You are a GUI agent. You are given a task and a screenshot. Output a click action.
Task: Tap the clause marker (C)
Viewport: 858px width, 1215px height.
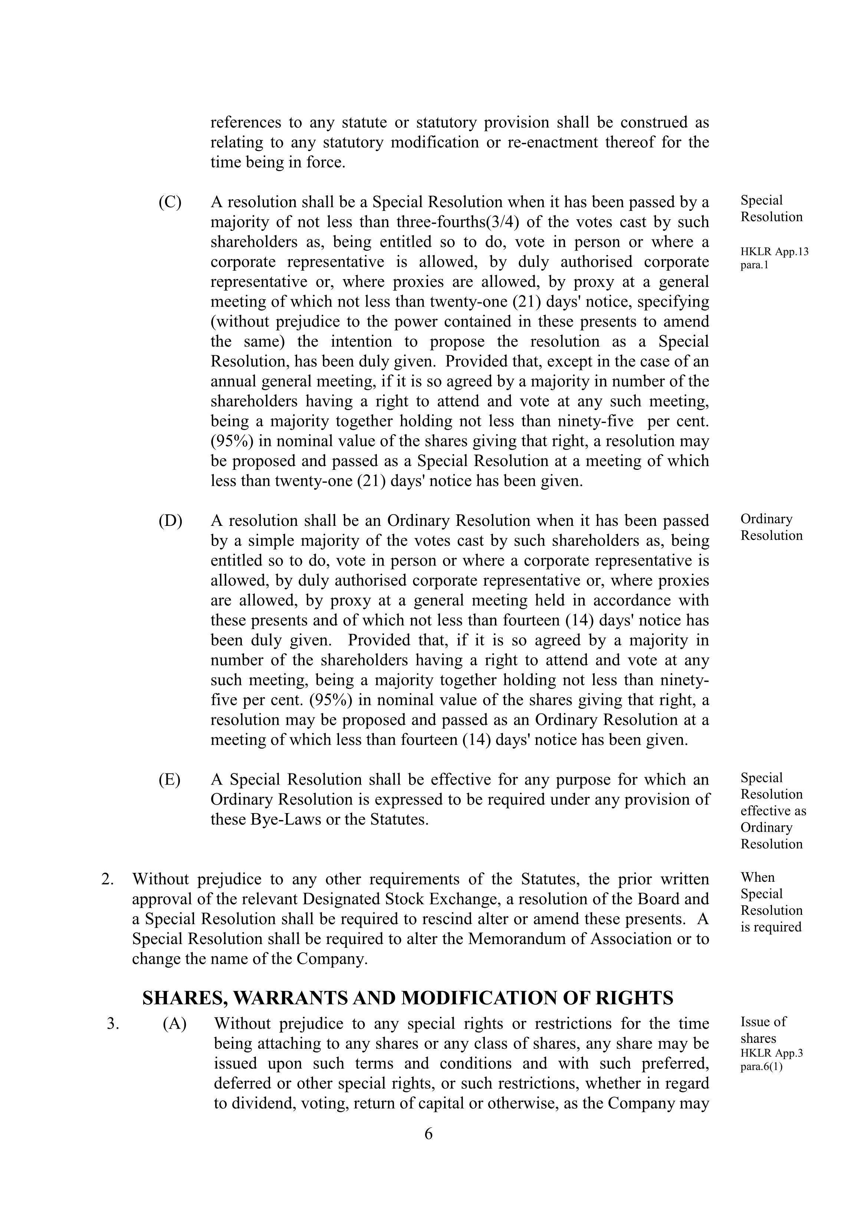170,202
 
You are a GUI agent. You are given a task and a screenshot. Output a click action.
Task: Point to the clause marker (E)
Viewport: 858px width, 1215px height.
169,779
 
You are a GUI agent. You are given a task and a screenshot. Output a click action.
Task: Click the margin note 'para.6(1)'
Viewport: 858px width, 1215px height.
761,1067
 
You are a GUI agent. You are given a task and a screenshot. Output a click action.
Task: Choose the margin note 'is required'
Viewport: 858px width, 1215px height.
771,927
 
